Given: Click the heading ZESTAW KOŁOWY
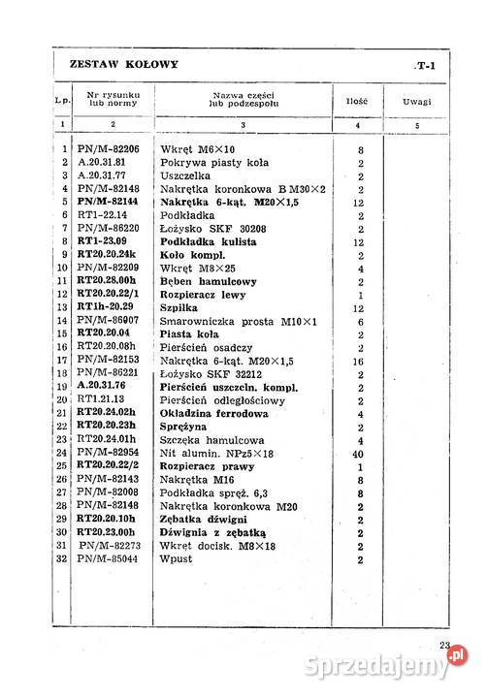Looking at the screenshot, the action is pos(124,64).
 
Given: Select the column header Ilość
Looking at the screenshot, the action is pos(354,101).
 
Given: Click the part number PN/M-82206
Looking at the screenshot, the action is pos(107,150).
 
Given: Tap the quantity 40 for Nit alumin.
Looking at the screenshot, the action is pos(360,452).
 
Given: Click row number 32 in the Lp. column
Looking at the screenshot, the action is pos(61,559).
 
